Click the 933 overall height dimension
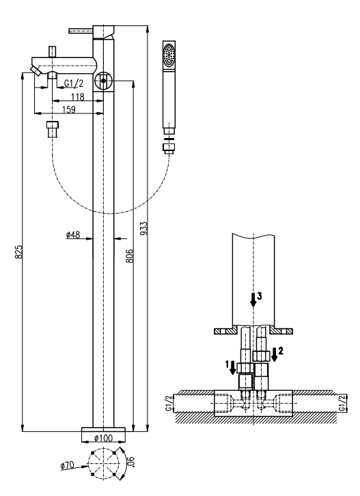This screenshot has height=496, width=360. coord(144,228)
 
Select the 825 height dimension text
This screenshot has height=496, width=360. coord(18,252)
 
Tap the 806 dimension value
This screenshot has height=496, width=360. coord(129,256)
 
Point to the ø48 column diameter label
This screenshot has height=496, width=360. coord(73,235)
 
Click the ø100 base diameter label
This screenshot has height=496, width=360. coord(103,438)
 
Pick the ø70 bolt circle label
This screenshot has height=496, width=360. coord(68,466)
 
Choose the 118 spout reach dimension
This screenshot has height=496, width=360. coord(78,96)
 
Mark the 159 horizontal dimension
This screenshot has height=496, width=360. coord(69,109)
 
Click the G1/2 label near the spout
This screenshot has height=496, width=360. coord(74,83)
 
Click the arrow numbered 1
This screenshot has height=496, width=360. coord(232,368)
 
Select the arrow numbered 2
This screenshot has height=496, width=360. coord(275,355)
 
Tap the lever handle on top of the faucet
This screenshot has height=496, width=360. coord(81,30)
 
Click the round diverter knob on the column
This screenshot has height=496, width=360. coord(103,81)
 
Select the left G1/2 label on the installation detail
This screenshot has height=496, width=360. coord(169,403)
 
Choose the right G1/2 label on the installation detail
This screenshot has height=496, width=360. coord(342,403)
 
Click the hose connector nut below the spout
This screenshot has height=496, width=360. coord(53,129)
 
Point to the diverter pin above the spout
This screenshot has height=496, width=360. coord(52,52)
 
